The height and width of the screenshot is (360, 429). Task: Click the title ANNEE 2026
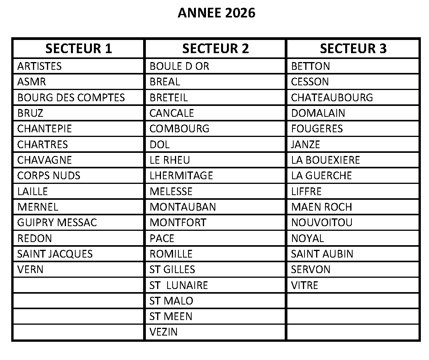point(216,13)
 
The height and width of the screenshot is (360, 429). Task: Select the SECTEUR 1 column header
point(78,48)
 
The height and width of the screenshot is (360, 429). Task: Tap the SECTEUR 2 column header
point(215,48)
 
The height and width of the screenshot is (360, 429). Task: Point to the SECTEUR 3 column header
point(353,48)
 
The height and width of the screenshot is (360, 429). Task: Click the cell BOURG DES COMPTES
point(71,97)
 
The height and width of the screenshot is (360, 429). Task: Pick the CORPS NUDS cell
point(49,176)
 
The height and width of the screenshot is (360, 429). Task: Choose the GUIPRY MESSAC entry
point(57,223)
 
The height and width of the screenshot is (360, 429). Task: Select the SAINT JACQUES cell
point(55,254)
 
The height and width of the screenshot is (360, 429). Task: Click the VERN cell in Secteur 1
point(30,270)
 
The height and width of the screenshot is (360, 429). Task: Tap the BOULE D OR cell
point(179,66)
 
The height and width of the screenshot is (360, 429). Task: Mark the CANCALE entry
point(171,113)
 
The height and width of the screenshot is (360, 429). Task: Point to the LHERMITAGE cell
point(181,176)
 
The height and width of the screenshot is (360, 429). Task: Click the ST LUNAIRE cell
point(178,286)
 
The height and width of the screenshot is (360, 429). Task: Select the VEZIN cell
point(163,332)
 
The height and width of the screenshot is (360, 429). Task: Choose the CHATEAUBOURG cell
point(332,97)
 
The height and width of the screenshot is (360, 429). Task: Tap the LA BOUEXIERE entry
point(325,160)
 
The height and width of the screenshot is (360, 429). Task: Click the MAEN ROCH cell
point(322,207)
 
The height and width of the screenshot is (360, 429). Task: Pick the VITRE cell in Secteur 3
point(304,286)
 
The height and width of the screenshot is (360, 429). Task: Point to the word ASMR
point(31,82)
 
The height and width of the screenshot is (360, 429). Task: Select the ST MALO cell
point(171,301)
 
